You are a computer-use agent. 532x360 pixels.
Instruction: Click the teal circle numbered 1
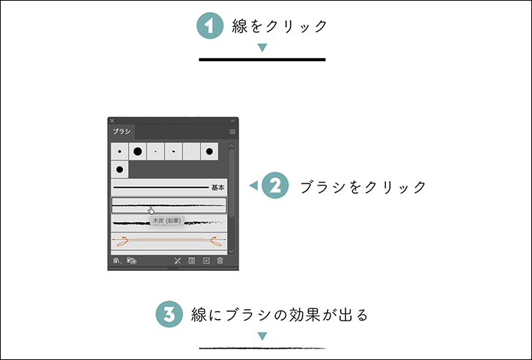click(210, 26)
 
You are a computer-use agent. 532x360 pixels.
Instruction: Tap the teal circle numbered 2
click(275, 185)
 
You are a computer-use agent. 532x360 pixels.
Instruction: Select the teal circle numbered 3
click(169, 314)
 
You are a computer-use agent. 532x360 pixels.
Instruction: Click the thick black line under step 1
click(262, 60)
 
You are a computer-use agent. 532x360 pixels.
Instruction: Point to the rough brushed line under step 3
click(262, 348)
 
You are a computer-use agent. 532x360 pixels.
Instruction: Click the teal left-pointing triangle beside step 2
click(254, 185)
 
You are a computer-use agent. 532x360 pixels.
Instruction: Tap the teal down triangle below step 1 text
click(262, 47)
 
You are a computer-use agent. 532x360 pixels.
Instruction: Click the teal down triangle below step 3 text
click(262, 336)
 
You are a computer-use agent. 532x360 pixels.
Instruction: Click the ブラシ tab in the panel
click(121, 131)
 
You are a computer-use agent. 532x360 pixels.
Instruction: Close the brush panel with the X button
click(112, 121)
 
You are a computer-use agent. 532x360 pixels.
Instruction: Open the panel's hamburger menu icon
click(232, 131)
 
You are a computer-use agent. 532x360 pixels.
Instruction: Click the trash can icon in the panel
click(220, 261)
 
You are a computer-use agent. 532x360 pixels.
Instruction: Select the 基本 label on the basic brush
click(218, 188)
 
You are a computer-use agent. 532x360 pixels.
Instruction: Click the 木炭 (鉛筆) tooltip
click(167, 221)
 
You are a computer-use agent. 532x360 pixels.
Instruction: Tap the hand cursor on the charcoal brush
click(151, 211)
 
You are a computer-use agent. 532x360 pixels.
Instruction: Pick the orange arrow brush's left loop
click(121, 241)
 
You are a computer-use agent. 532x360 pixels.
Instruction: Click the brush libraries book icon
click(117, 261)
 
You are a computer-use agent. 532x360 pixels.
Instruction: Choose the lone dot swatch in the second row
click(119, 170)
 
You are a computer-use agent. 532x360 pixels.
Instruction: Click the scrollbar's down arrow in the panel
click(231, 251)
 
